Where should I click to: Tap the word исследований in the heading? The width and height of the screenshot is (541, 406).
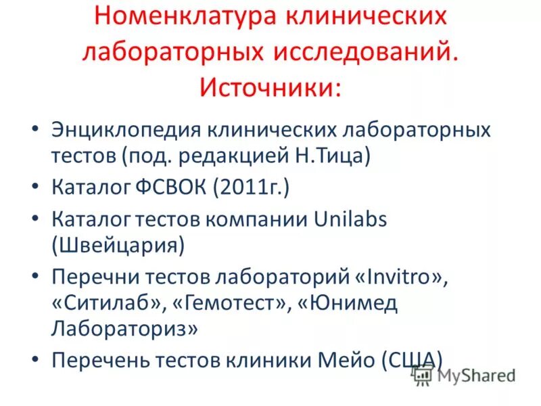pyautogui.click(x=359, y=51)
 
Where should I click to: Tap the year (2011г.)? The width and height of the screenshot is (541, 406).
pyautogui.click(x=251, y=186)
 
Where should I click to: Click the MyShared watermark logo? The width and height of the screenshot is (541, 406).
pyautogui.click(x=466, y=374)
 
